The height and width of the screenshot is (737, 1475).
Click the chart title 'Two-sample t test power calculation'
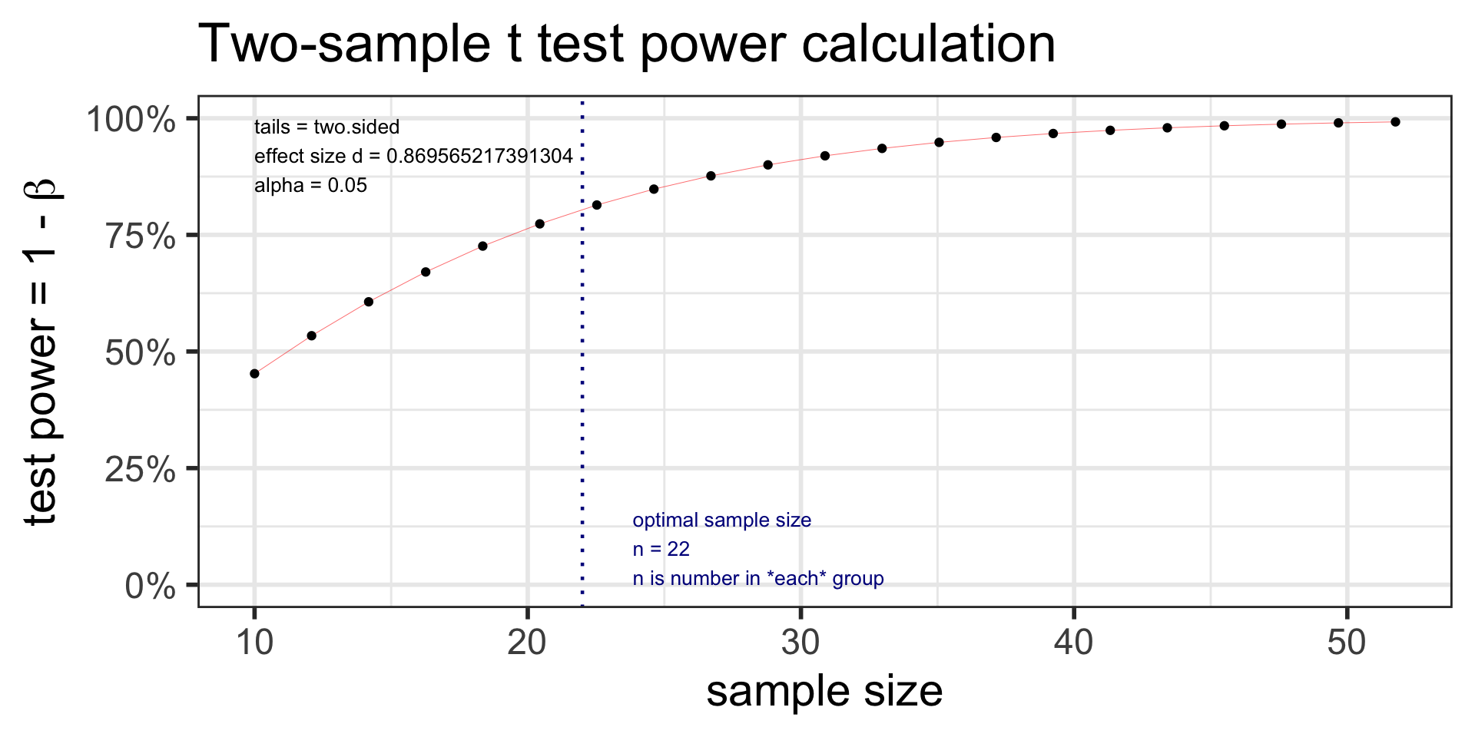click(627, 45)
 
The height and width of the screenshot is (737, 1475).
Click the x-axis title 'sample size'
click(824, 692)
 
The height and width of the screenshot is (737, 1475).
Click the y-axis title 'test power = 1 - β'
click(43, 352)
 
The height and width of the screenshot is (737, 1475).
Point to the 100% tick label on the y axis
click(131, 120)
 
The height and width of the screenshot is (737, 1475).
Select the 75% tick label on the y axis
click(141, 236)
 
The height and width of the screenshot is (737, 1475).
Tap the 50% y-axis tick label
click(141, 353)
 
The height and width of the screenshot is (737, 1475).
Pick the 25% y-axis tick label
click(141, 470)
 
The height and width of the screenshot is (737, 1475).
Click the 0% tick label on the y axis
click(151, 587)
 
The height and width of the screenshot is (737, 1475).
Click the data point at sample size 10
click(254, 374)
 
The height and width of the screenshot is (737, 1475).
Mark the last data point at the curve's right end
click(1395, 122)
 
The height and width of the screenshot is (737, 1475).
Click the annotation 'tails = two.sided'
click(326, 127)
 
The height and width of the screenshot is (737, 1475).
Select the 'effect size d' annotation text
click(413, 157)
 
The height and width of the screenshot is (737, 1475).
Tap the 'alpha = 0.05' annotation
click(310, 186)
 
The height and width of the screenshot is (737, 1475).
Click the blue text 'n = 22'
click(661, 550)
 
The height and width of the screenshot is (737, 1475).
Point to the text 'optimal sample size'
click(721, 521)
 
